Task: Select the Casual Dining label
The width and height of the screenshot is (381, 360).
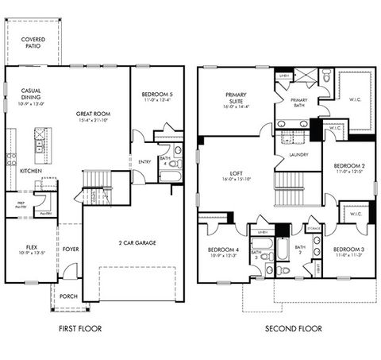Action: click(31, 97)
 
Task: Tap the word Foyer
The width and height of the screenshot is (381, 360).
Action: click(71, 248)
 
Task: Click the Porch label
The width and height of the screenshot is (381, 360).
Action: click(68, 296)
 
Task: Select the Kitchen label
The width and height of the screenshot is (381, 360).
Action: click(31, 171)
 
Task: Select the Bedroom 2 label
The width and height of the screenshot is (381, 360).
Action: click(348, 165)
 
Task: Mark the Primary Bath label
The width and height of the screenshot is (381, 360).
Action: click(298, 103)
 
